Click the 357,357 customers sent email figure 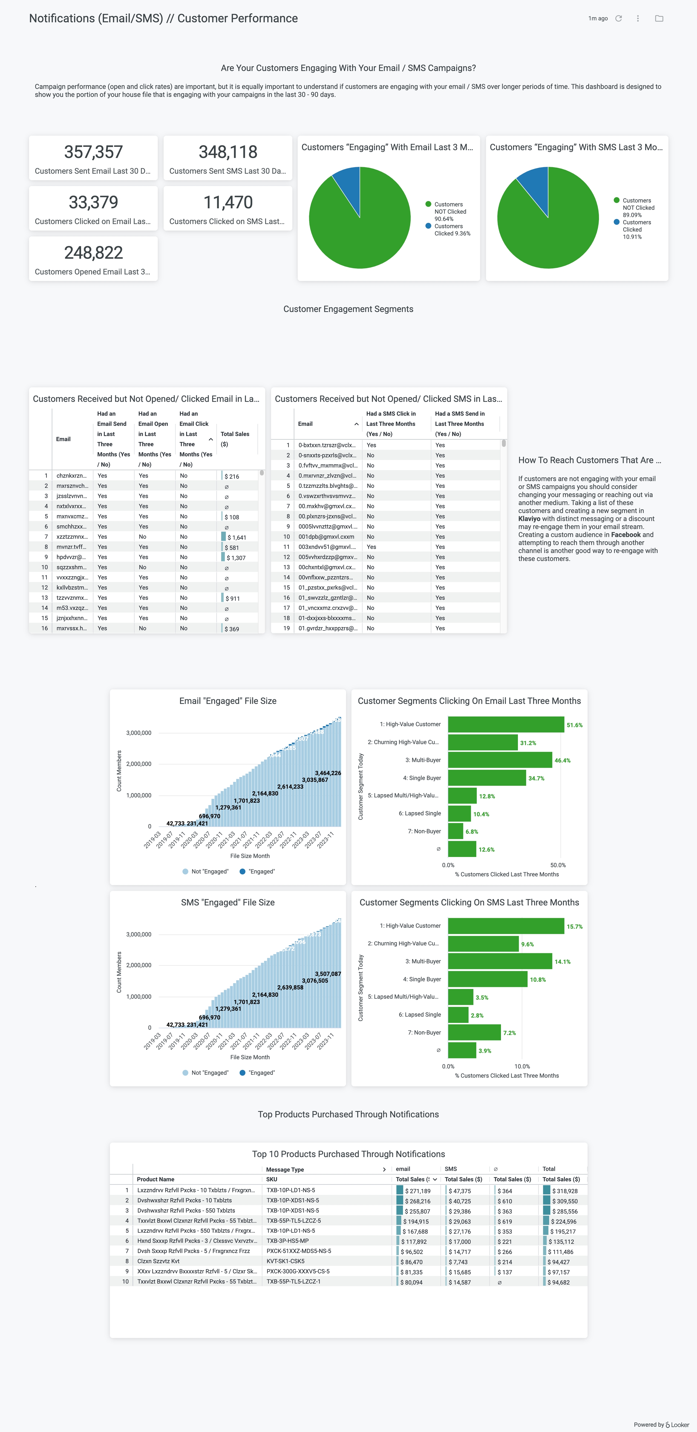point(93,152)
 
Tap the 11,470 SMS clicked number point(228,202)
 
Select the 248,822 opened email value point(93,253)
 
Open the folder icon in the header point(659,18)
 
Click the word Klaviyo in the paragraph point(529,519)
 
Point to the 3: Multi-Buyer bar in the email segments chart point(500,760)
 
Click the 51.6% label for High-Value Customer point(574,725)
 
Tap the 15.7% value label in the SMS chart point(574,927)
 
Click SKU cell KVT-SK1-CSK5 point(286,1261)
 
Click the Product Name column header point(155,1179)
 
